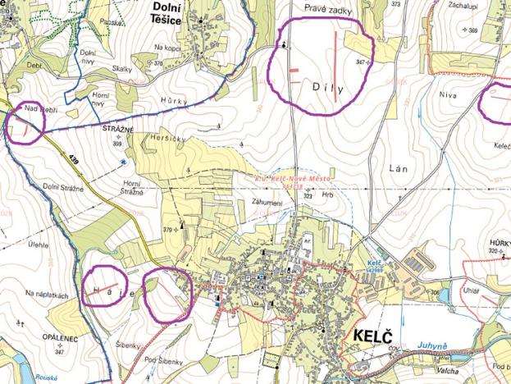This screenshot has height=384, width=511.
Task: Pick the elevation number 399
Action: coord(116,143)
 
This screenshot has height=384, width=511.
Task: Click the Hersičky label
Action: coord(169,139)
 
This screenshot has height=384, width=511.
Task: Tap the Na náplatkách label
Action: coord(44,293)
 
